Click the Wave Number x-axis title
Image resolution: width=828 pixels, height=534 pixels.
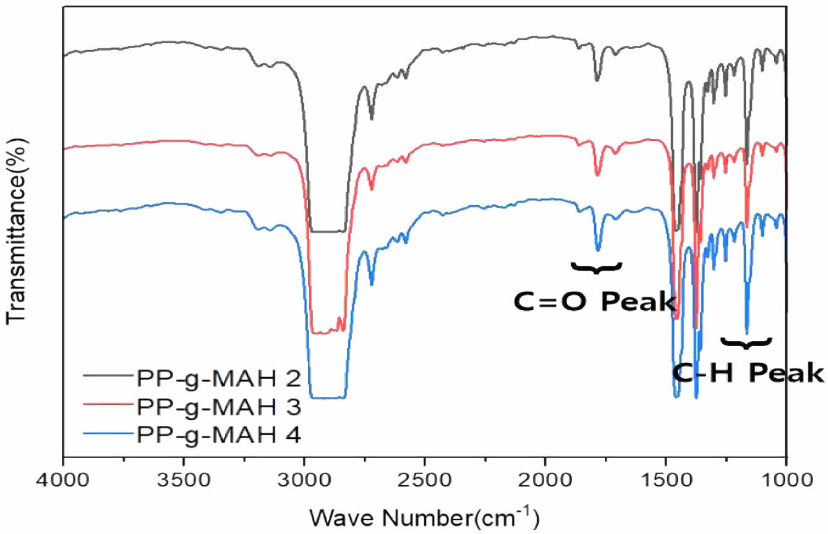424,514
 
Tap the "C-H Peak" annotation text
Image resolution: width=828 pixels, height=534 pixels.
748,373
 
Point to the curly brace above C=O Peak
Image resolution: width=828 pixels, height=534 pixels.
596,268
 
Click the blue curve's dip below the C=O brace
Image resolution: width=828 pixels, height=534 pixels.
598,249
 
